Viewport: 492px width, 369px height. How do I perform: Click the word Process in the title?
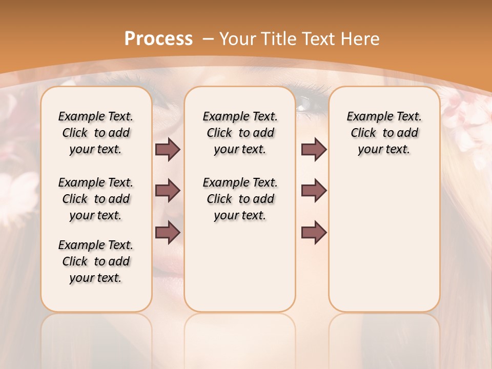[x=158, y=38]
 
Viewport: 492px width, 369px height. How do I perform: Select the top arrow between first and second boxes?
[x=168, y=150]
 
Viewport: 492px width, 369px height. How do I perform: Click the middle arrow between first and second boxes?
[x=168, y=191]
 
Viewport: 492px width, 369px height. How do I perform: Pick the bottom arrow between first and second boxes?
[x=168, y=233]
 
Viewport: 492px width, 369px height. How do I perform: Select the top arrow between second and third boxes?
[x=314, y=150]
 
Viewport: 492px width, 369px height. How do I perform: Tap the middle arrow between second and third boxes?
[x=314, y=191]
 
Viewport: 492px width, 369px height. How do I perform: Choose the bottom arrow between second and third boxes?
[x=314, y=233]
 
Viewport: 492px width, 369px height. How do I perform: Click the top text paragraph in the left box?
[x=96, y=133]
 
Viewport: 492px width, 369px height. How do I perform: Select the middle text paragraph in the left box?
[x=96, y=199]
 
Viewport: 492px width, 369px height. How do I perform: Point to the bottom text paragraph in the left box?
[x=96, y=261]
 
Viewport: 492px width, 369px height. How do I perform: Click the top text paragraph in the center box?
[x=240, y=133]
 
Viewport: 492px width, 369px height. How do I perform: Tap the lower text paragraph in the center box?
[x=240, y=199]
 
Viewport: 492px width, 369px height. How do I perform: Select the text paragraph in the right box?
[x=384, y=133]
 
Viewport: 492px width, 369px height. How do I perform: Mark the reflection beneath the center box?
[x=240, y=338]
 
